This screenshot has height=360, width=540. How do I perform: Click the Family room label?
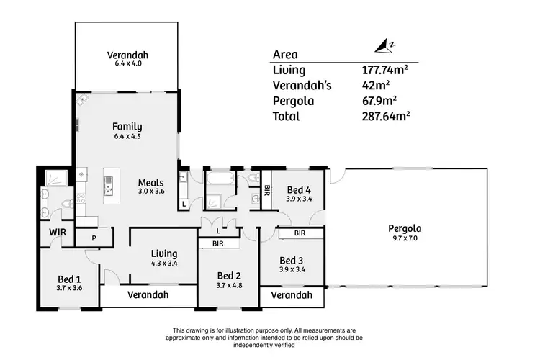point(127,126)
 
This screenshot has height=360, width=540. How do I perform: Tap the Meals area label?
point(151,183)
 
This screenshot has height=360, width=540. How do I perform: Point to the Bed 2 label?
point(228,276)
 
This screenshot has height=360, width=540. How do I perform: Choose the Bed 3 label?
point(292,260)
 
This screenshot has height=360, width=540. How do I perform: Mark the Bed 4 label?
point(298,189)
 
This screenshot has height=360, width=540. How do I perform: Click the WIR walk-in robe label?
point(58,233)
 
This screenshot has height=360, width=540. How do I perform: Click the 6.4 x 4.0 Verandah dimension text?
point(127,64)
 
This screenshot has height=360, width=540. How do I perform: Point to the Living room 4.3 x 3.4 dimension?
point(164,264)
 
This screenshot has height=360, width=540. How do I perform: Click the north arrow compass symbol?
point(383,48)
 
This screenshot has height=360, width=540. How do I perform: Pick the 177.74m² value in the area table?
point(384,71)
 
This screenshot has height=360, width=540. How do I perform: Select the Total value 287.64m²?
point(386,116)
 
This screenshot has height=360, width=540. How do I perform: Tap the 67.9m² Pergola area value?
point(380,101)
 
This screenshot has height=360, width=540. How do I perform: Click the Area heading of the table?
point(285,55)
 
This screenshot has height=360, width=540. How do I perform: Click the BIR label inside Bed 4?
point(267,191)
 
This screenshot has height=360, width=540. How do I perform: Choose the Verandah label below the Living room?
point(148,295)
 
